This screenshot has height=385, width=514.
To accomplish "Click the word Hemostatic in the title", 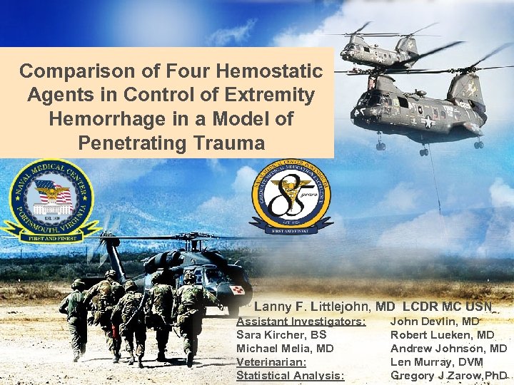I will point(268,71).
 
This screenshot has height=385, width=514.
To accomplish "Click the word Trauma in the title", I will point(230,143).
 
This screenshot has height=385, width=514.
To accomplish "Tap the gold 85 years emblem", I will point(291,200).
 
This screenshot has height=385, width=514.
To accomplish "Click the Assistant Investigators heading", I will point(301,322).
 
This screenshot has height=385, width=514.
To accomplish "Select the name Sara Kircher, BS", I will point(281,335).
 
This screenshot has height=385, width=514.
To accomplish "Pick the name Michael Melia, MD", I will point(285,349).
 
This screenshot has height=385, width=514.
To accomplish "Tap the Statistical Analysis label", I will point(290,376).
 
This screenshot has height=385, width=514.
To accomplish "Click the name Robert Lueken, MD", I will point(442,335).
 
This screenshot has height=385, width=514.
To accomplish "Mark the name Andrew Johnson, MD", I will point(448,349).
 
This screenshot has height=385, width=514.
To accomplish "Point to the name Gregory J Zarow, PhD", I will point(448,376).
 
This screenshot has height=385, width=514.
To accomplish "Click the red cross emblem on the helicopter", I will point(237,289).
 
